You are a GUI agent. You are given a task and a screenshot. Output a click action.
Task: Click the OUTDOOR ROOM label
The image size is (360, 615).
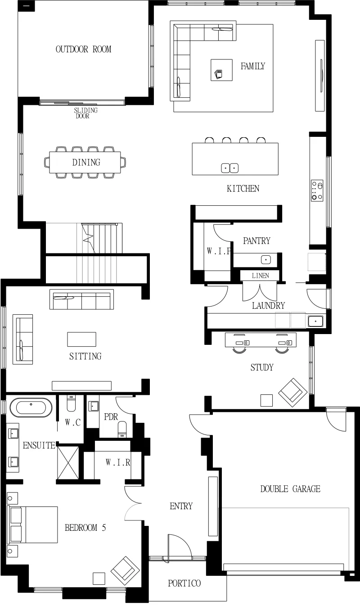click(83, 50)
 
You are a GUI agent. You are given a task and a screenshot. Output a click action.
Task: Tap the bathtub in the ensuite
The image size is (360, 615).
click(31, 407)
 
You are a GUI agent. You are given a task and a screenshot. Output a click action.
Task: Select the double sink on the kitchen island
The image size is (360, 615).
click(229, 168)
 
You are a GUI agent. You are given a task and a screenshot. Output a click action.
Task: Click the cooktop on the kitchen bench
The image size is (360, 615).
click(317, 190)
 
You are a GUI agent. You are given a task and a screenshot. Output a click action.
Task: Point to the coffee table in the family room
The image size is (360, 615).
click(221, 70)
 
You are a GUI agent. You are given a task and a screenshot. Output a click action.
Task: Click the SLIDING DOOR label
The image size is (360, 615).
click(85, 113)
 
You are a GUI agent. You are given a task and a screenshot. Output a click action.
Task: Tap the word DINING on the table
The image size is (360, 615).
click(86, 162)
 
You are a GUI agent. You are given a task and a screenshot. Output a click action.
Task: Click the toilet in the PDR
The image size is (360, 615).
click(122, 429)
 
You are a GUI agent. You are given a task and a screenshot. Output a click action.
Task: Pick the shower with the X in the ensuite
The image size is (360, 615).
click(68, 463)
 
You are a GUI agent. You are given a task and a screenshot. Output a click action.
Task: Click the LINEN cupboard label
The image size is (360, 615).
click(261, 276)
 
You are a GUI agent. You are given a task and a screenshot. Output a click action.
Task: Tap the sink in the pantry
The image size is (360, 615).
click(265, 259)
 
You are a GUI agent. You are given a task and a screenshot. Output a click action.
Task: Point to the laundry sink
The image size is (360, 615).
click(315, 321)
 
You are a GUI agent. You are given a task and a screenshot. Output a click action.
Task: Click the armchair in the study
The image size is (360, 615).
click(293, 393)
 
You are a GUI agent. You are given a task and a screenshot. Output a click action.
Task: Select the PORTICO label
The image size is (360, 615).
click(184, 583)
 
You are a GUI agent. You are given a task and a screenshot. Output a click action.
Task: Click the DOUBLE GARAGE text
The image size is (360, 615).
click(290, 489)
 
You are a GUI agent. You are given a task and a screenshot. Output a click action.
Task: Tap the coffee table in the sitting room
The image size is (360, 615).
click(82, 339)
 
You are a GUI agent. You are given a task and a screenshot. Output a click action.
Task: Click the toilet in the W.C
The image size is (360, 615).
click(71, 403)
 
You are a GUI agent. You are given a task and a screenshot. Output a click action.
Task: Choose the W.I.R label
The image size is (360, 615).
click(118, 462)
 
